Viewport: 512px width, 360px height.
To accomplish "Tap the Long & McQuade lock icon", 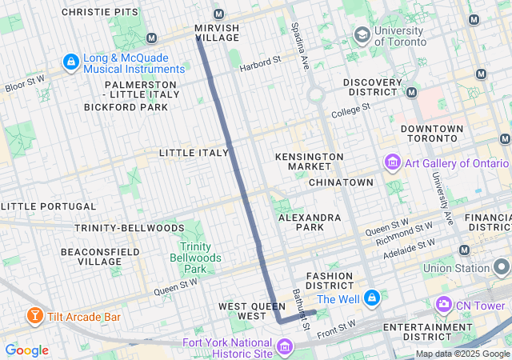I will click(70, 62).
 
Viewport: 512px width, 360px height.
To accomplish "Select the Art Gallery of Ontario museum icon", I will click(392, 163).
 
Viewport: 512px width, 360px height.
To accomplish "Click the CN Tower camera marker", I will click(442, 305).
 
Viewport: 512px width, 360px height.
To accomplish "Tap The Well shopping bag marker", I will click(371, 298).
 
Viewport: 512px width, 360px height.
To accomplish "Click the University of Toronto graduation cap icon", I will click(362, 34).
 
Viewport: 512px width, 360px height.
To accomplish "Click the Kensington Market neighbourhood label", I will click(309, 162).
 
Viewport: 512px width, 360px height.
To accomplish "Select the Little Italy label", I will click(194, 152).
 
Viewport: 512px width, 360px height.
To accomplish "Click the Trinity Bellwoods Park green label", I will click(194, 258).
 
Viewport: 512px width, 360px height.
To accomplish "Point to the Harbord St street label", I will click(260, 60).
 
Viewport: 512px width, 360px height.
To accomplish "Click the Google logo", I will click(26, 350).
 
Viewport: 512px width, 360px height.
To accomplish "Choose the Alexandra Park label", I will click(310, 222).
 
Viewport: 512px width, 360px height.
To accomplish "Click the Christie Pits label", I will click(98, 13).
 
